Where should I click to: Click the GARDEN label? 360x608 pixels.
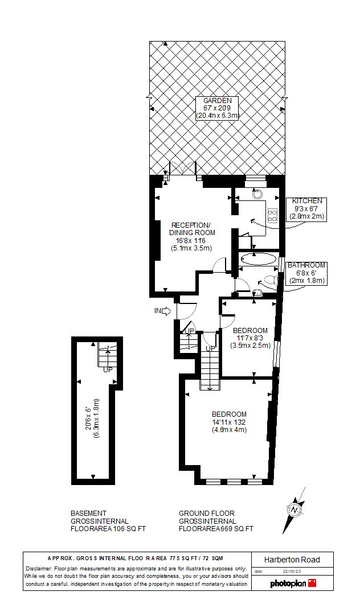[x=217, y=101]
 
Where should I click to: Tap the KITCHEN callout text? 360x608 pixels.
[x=307, y=201]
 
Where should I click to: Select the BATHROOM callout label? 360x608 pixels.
[x=306, y=265]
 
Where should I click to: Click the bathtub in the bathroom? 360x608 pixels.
[x=259, y=259]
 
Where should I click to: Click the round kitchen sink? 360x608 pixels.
[x=257, y=194]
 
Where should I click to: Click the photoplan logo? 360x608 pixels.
[x=293, y=583]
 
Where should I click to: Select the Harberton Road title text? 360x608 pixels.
[x=292, y=560]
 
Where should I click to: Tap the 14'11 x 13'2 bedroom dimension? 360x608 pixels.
[x=228, y=422]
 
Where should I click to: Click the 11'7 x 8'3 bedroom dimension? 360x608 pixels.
[x=250, y=338]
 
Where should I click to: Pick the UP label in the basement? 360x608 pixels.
[x=108, y=370]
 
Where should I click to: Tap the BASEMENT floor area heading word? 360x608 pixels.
[x=88, y=513]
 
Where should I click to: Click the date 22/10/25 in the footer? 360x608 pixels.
[x=292, y=571]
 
